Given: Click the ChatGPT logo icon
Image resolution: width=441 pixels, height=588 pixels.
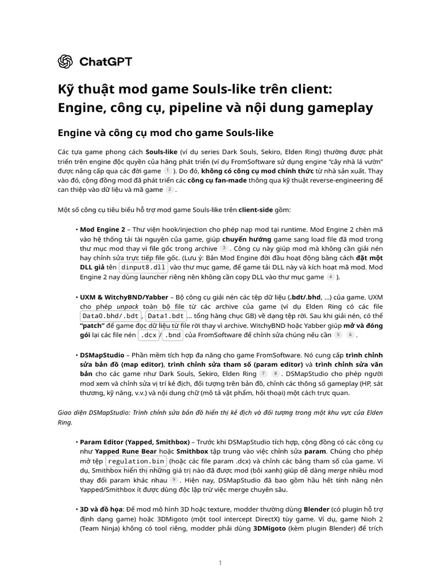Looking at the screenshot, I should coord(65,61).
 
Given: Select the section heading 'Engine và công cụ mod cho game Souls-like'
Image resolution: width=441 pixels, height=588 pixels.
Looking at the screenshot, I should coord(165,133).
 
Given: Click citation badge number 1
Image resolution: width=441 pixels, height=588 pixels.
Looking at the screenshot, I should coord(167,171).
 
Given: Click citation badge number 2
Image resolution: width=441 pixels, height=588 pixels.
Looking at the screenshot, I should coord(169,189).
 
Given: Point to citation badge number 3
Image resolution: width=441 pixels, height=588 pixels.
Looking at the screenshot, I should coord(224,248).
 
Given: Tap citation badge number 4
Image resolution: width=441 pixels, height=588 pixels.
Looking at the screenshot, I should coord(330,277).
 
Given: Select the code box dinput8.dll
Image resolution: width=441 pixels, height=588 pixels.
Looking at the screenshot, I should coord(144,268).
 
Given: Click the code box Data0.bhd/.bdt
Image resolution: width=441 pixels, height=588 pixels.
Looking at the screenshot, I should coord(110,316).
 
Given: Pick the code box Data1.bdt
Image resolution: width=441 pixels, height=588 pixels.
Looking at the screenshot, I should coord(165,316).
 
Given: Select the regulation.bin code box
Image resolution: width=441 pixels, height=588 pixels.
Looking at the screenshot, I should coord(136,461).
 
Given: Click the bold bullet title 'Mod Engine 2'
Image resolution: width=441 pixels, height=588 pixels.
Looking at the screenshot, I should coord(102,229).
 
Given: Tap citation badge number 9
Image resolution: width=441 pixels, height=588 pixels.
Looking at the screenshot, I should coord(173,479).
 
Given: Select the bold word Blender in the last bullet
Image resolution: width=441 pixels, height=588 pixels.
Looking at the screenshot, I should coord(316,509).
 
